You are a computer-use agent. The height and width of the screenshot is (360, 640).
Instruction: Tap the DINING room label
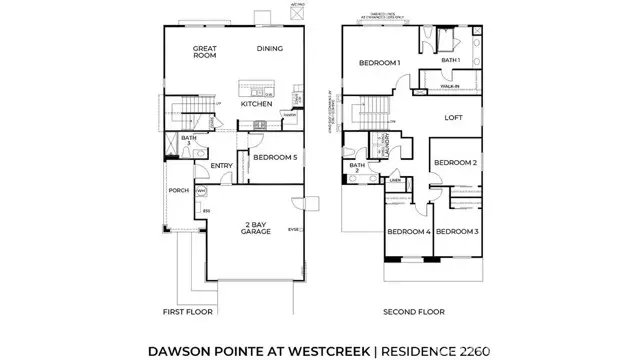[270, 48]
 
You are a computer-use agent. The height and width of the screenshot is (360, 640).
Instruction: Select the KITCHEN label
[258, 104]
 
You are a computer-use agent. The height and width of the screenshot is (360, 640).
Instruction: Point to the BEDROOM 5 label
[274, 158]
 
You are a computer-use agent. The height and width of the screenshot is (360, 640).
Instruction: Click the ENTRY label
[221, 167]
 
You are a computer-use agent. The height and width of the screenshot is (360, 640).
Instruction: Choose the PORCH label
[178, 191]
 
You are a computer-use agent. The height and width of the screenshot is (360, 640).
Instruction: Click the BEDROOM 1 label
[380, 64]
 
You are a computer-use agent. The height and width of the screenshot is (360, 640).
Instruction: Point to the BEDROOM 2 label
[455, 162]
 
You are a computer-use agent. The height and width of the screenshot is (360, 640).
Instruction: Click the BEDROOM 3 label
[458, 232]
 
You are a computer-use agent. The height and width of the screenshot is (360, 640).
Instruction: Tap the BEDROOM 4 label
[408, 232]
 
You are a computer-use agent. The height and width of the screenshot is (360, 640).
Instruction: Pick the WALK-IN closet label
[450, 87]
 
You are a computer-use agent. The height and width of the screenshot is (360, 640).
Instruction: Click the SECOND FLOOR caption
[414, 312]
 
